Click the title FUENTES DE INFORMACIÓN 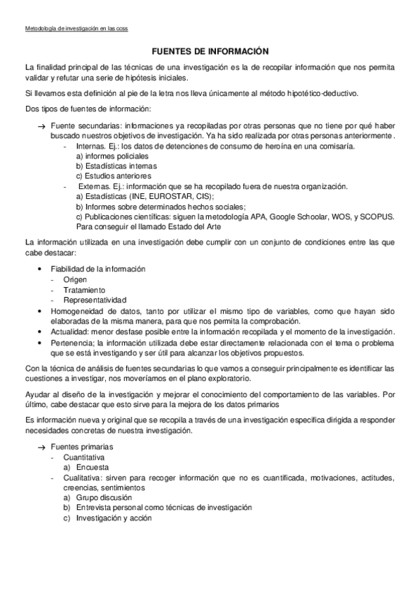pyautogui.click(x=210, y=51)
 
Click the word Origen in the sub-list pyautogui.click(x=75, y=279)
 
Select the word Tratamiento pyautogui.click(x=84, y=289)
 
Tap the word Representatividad pyautogui.click(x=97, y=300)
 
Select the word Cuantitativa pyautogui.click(x=86, y=457)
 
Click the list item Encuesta pyautogui.click(x=93, y=467)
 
